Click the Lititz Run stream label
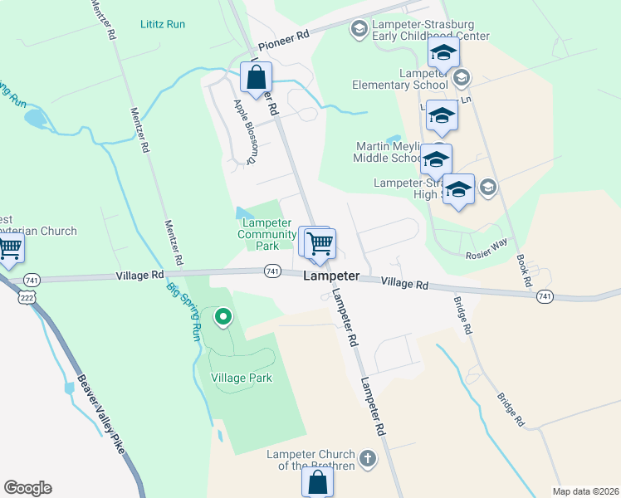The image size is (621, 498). [x=163, y=24]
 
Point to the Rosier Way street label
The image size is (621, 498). [x=486, y=256]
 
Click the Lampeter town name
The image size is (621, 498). [x=330, y=276]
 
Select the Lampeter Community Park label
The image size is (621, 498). [x=266, y=234]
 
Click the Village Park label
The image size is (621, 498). [x=242, y=378]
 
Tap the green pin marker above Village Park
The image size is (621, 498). [x=222, y=316]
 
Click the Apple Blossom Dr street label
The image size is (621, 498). [x=247, y=131]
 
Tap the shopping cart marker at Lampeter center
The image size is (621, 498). [x=319, y=243]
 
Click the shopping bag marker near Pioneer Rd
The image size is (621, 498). [x=257, y=78]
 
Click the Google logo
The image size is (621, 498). [x=27, y=488]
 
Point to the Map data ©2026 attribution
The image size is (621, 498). [x=584, y=491]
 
